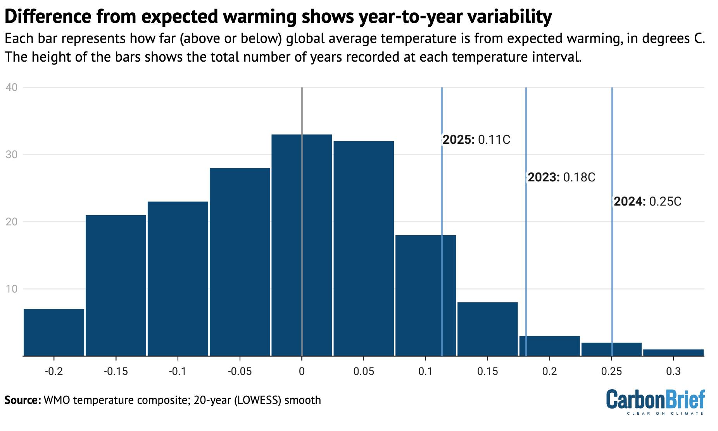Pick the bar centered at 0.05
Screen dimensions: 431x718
[363, 248]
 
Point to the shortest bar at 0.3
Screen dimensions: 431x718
[673, 353]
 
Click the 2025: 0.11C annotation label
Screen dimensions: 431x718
[476, 140]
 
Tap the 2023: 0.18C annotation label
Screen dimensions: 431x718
[561, 178]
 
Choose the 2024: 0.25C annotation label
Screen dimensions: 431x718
[647, 202]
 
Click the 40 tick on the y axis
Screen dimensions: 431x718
[12, 87]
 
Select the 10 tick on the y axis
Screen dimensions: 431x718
[12, 289]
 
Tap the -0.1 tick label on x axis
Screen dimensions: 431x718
[178, 371]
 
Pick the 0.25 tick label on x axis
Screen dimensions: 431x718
[611, 371]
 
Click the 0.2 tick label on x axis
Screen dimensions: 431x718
[549, 371]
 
